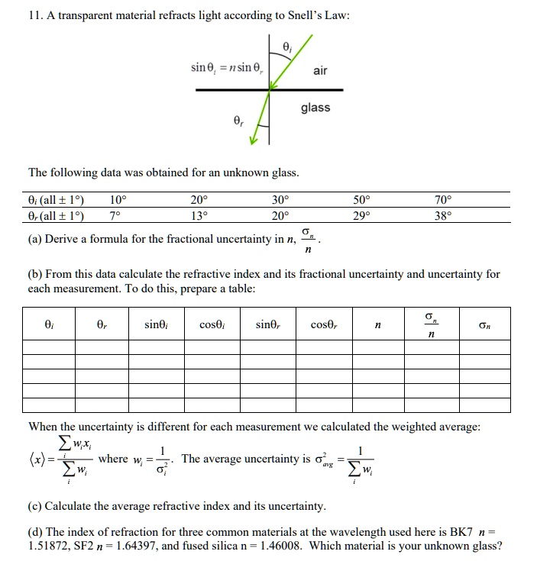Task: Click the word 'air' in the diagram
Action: (x=320, y=71)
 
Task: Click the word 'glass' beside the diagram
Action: (x=315, y=108)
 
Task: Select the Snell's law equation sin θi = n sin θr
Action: (x=226, y=69)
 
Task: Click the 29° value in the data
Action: (x=363, y=215)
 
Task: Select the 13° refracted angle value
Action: (x=199, y=215)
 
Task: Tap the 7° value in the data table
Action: (x=115, y=215)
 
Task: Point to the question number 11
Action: (x=34, y=15)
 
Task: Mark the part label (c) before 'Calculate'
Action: (x=36, y=506)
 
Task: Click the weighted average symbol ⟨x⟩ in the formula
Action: (x=40, y=459)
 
